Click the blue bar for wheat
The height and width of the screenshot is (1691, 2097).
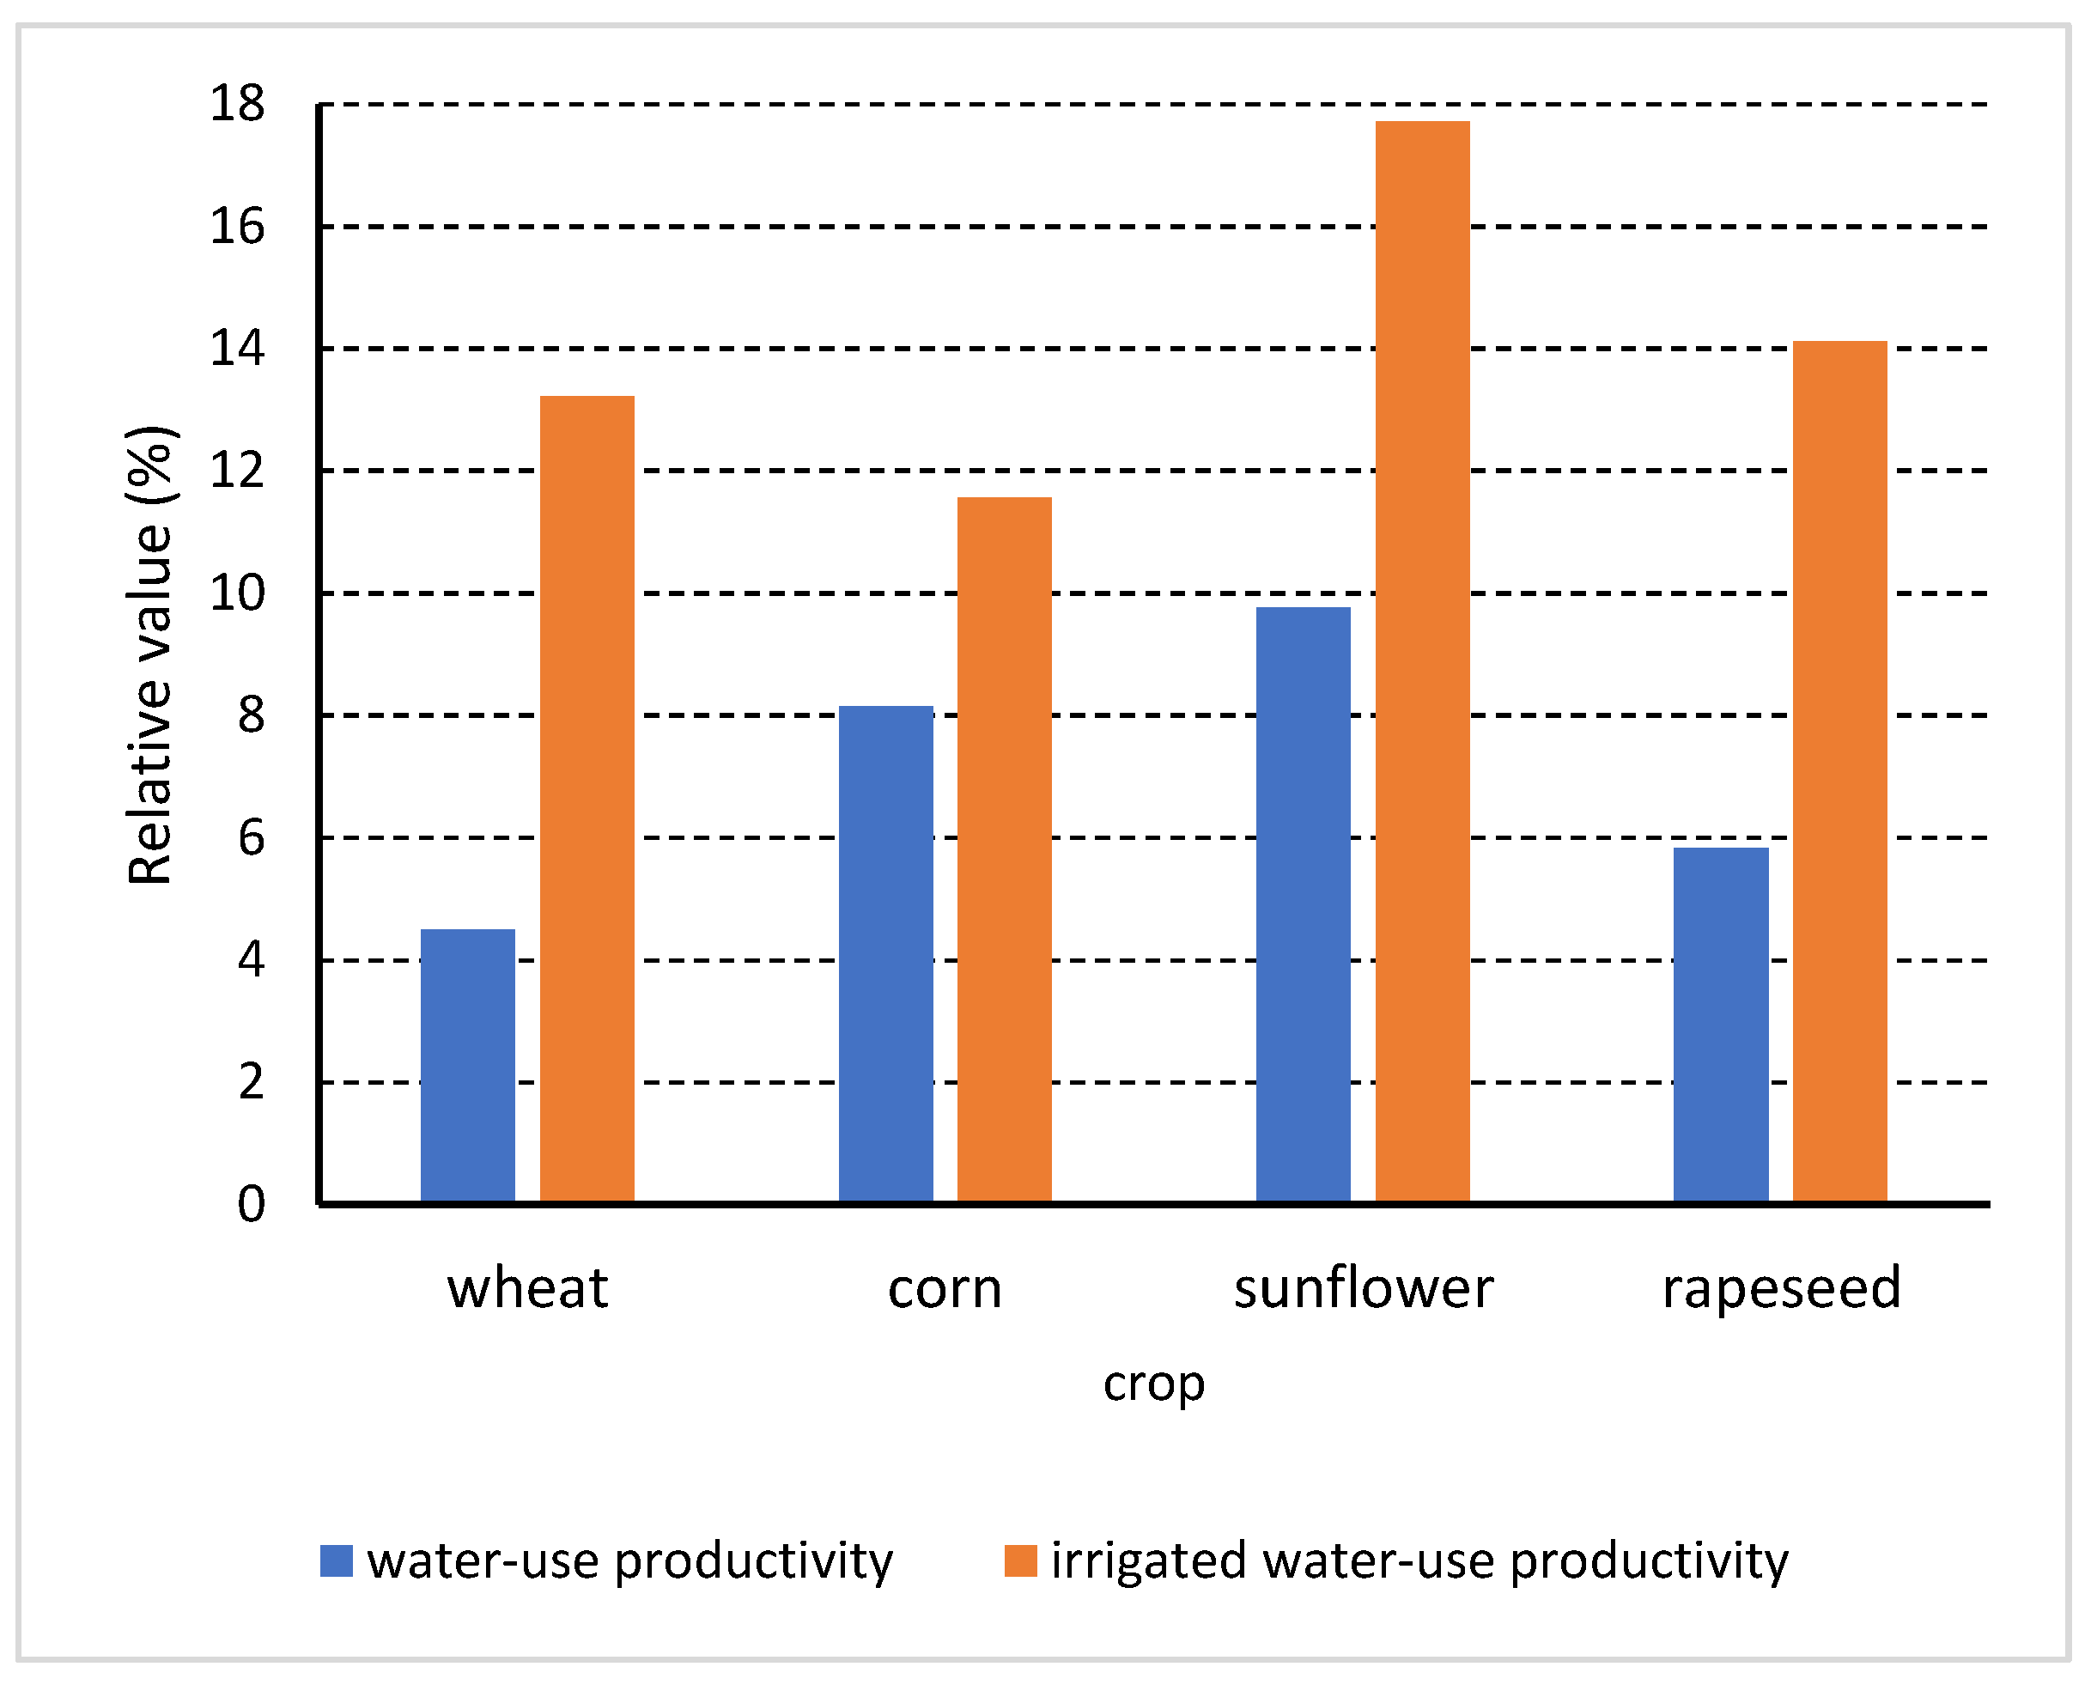[x=467, y=1066]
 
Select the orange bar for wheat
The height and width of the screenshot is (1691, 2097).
[x=587, y=799]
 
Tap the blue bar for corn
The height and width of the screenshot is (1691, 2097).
[x=885, y=955]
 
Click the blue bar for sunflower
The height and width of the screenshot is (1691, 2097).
[x=1304, y=905]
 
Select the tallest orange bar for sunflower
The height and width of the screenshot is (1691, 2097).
[x=1422, y=661]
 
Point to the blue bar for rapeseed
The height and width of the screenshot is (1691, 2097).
[x=1721, y=1025]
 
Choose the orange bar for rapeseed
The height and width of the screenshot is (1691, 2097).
[x=1840, y=771]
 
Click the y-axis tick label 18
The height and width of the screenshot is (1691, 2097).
[x=237, y=103]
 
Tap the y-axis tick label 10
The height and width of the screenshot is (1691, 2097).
[x=237, y=593]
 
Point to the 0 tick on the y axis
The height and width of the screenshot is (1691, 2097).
[x=252, y=1205]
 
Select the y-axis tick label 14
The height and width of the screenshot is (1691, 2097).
[x=237, y=349]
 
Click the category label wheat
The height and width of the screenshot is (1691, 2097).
[x=527, y=1289]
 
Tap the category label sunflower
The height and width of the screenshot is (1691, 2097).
[x=1363, y=1289]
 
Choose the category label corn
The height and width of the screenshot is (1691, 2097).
[x=945, y=1290]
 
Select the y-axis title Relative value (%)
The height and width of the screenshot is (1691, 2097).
[x=150, y=654]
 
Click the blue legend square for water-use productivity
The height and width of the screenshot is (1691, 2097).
[x=336, y=1561]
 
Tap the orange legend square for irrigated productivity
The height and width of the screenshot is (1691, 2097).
[x=1021, y=1561]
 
